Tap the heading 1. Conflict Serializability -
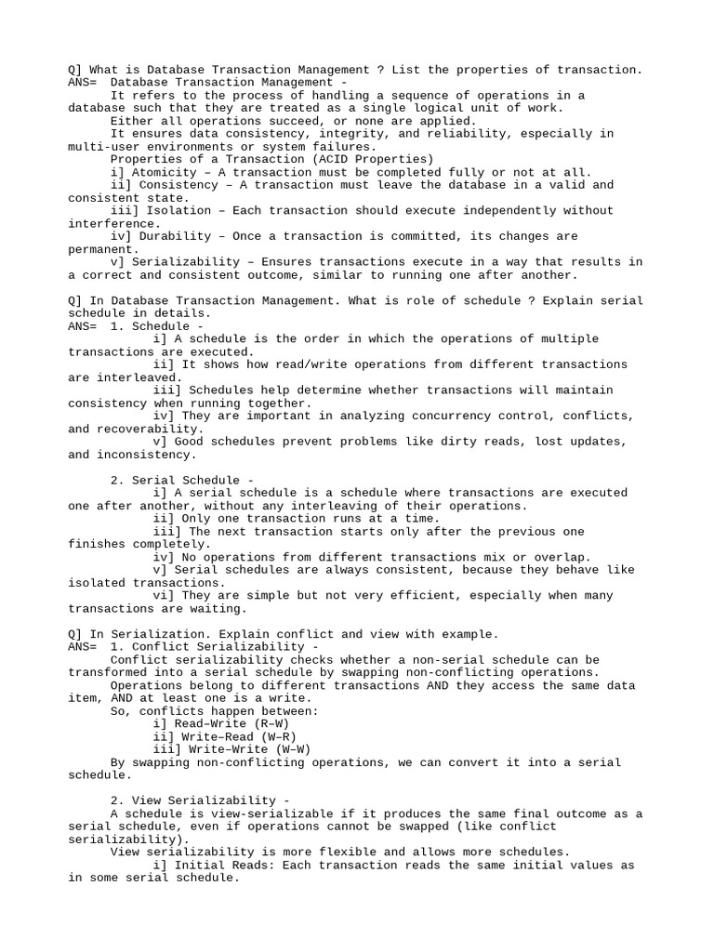[x=214, y=646]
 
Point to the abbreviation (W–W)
[x=288, y=748]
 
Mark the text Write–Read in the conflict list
[x=218, y=735]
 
